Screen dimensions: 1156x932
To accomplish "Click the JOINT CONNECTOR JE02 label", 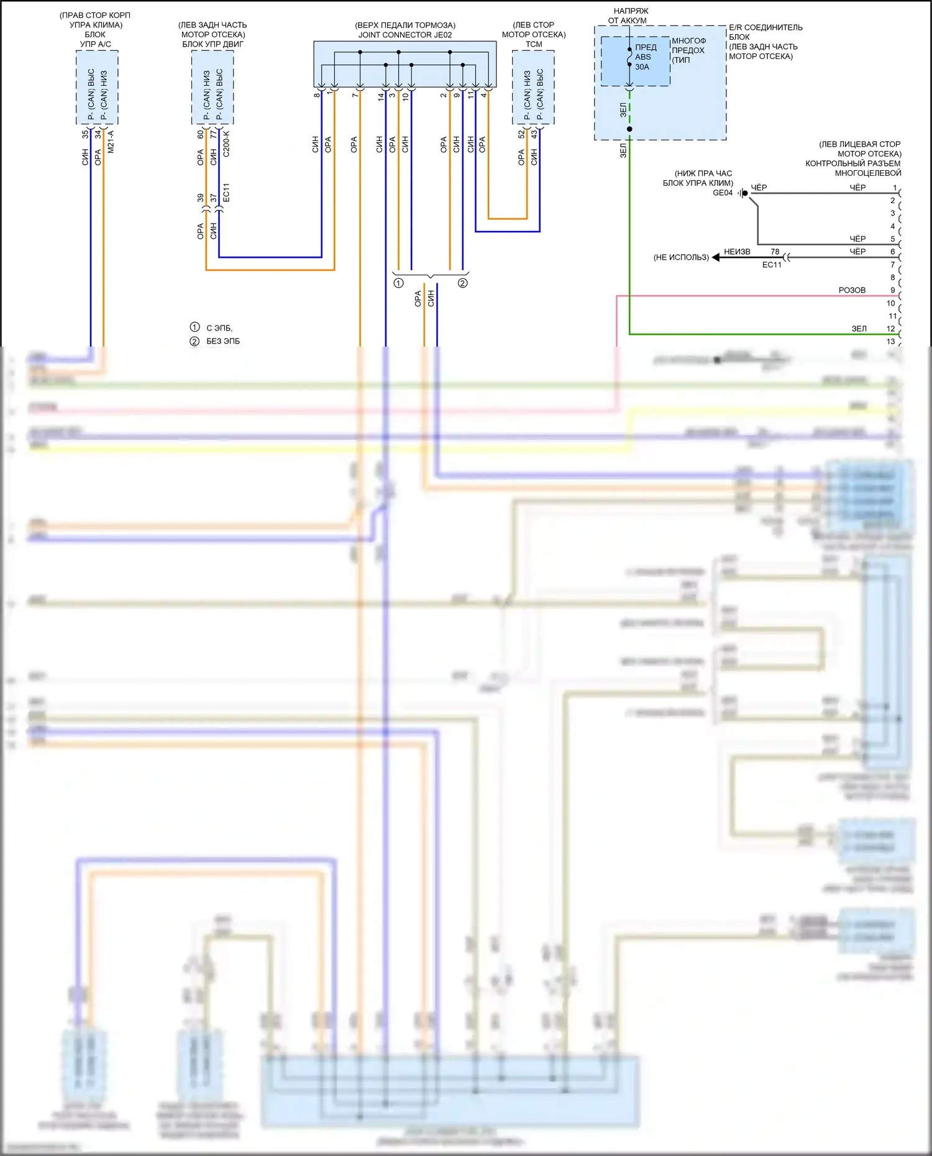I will pos(405,35).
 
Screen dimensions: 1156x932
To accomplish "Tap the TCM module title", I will pos(534,44).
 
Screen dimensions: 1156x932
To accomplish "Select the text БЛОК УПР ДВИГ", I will pos(213,44).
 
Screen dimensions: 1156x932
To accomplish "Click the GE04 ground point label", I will pos(723,193).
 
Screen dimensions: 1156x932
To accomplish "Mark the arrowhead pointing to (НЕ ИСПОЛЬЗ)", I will pos(716,257).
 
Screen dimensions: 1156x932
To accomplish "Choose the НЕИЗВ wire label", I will pos(737,252).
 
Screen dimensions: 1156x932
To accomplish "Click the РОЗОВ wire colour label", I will pos(852,290).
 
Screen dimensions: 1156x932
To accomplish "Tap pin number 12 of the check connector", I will pos(891,329).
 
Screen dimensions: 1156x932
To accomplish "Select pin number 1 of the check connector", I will pos(895,188).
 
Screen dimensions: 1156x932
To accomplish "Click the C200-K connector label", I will pos(226,143).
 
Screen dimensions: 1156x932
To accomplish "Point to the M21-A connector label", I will pos(111,142).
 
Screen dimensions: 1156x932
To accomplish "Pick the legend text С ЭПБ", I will pos(219,327).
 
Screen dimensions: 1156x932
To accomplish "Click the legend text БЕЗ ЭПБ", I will pos(223,341).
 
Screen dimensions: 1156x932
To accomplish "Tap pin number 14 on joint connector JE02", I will pos(381,96).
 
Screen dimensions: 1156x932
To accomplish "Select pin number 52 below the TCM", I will pos(521,134).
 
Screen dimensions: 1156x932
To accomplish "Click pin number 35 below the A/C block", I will pos(85,134).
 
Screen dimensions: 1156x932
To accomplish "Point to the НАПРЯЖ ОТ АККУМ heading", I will pos(629,16).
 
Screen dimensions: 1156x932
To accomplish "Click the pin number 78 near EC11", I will pos(775,252).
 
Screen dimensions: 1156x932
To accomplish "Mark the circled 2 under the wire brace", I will pos(463,283).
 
